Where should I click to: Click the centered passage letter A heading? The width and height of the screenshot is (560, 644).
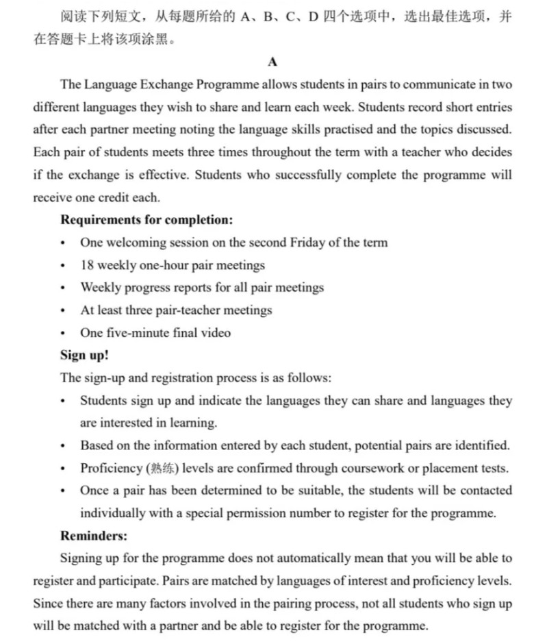(273, 63)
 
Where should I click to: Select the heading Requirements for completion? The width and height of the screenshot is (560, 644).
(147, 220)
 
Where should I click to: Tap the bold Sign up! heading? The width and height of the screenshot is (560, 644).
(84, 355)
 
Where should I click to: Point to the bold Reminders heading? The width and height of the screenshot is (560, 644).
(94, 535)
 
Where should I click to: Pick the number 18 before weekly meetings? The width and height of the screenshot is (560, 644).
(88, 265)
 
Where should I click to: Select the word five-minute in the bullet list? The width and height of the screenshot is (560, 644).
(136, 333)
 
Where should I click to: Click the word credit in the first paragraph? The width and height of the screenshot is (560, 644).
(121, 197)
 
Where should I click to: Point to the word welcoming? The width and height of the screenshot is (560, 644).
(137, 243)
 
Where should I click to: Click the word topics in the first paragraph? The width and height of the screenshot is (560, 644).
(429, 130)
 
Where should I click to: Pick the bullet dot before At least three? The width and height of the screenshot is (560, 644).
(64, 311)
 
